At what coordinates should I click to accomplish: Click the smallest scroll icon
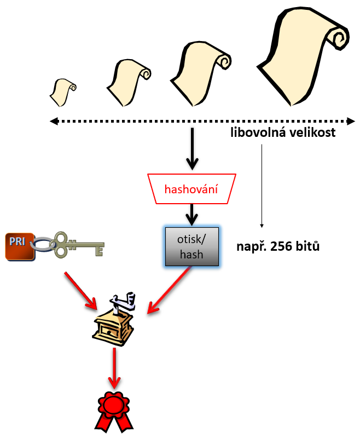[x=62, y=92]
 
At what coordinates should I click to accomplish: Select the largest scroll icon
[x=303, y=60]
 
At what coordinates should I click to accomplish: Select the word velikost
[x=312, y=133]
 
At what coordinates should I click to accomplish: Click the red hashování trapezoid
[x=191, y=189]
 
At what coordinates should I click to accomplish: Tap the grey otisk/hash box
[x=191, y=247]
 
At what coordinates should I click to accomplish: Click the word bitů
[x=307, y=246]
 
